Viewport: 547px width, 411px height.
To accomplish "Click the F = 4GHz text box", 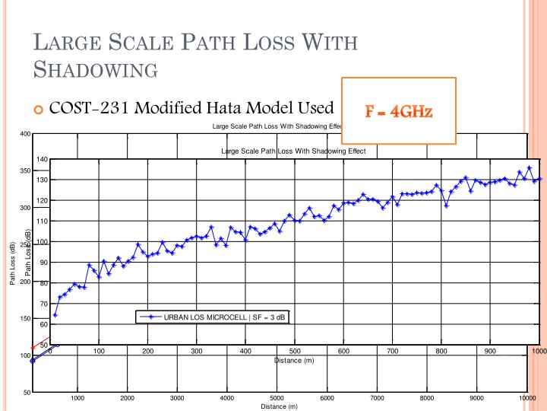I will click(399, 111).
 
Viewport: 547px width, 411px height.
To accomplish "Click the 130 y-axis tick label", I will click(42, 180).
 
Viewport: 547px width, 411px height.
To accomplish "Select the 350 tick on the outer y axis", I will click(25, 170).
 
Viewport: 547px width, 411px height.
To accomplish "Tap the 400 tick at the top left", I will click(25, 134).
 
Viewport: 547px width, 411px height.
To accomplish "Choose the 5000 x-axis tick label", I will click(277, 398).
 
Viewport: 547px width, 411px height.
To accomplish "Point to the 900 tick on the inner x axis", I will click(490, 351).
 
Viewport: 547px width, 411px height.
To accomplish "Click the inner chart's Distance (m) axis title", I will click(294, 359).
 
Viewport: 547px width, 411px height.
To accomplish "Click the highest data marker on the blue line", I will click(530, 167).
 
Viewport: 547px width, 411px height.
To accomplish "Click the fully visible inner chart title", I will click(293, 151).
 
